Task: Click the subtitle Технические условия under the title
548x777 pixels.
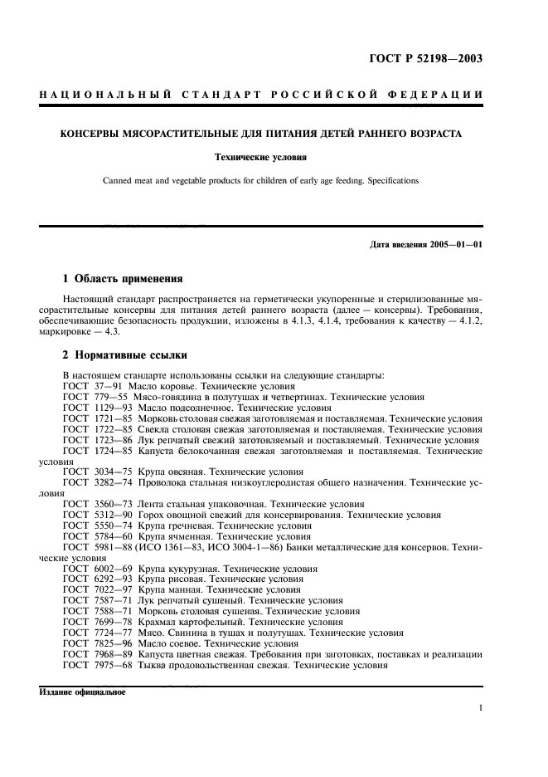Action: pyautogui.click(x=274, y=156)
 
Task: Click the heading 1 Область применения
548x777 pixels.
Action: pyautogui.click(x=123, y=278)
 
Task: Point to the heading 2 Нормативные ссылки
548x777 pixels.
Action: pyautogui.click(x=126, y=354)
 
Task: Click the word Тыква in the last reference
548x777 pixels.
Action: pyautogui.click(x=153, y=665)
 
